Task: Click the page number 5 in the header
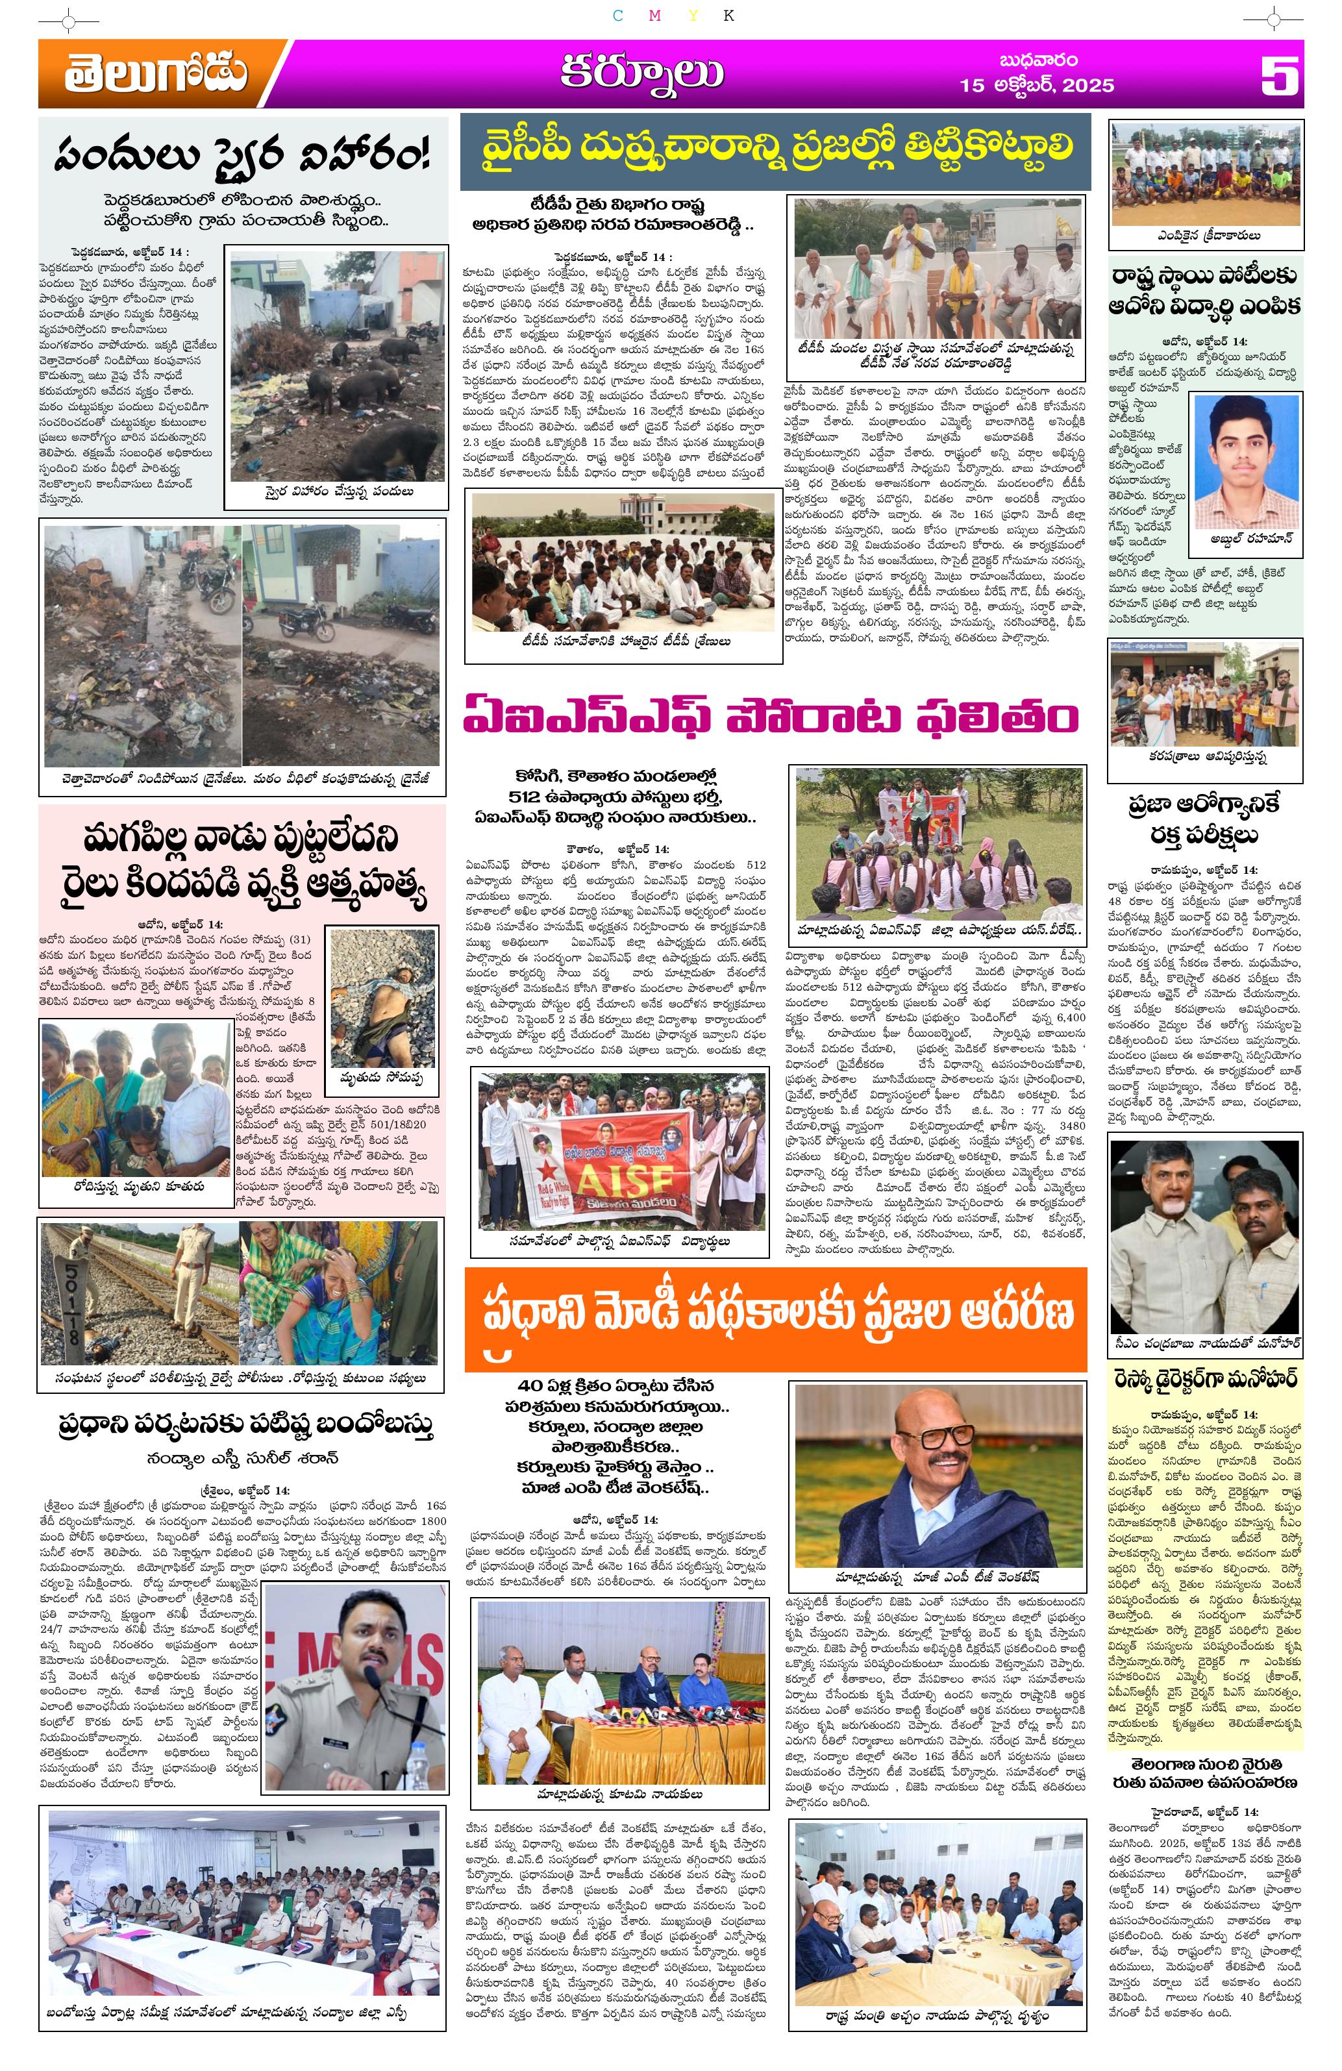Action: (1279, 76)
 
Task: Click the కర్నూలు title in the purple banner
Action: (641, 74)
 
